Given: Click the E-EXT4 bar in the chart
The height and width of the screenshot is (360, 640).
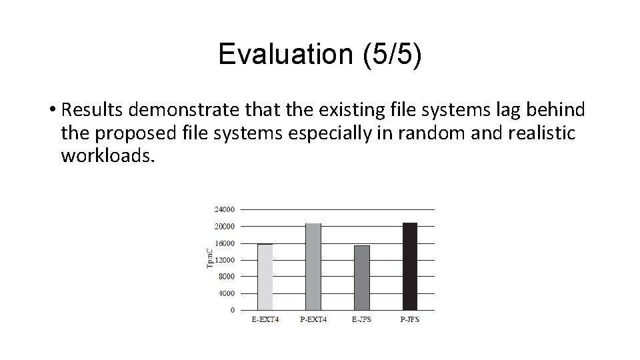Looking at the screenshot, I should point(265,277).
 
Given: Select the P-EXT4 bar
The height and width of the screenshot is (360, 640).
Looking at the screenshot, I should point(313,267).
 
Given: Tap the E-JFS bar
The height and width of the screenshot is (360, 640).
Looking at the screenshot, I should point(361,277).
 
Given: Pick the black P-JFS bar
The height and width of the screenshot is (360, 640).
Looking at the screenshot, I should point(409,267).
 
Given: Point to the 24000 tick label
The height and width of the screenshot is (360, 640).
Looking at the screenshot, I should point(224,209).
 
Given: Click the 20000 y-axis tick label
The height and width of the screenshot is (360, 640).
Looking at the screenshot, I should point(224,226).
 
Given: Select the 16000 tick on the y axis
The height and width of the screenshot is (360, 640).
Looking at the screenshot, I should point(224,243).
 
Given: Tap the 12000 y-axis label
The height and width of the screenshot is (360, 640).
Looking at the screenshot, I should point(224,259).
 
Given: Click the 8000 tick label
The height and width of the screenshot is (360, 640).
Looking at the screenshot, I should point(226,276).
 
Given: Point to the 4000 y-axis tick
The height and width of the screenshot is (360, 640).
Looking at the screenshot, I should point(226,293).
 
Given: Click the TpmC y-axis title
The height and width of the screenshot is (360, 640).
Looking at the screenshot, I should point(209,259).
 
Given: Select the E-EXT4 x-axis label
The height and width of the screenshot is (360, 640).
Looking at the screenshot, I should point(265,319).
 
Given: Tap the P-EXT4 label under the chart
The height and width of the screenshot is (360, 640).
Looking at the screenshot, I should point(313,319).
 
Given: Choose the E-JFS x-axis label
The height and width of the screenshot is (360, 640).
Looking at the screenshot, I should point(361,319).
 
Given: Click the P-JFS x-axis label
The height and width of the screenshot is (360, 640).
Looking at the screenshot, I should point(409,319).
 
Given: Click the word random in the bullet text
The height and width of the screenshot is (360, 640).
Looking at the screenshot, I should point(425,133).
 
